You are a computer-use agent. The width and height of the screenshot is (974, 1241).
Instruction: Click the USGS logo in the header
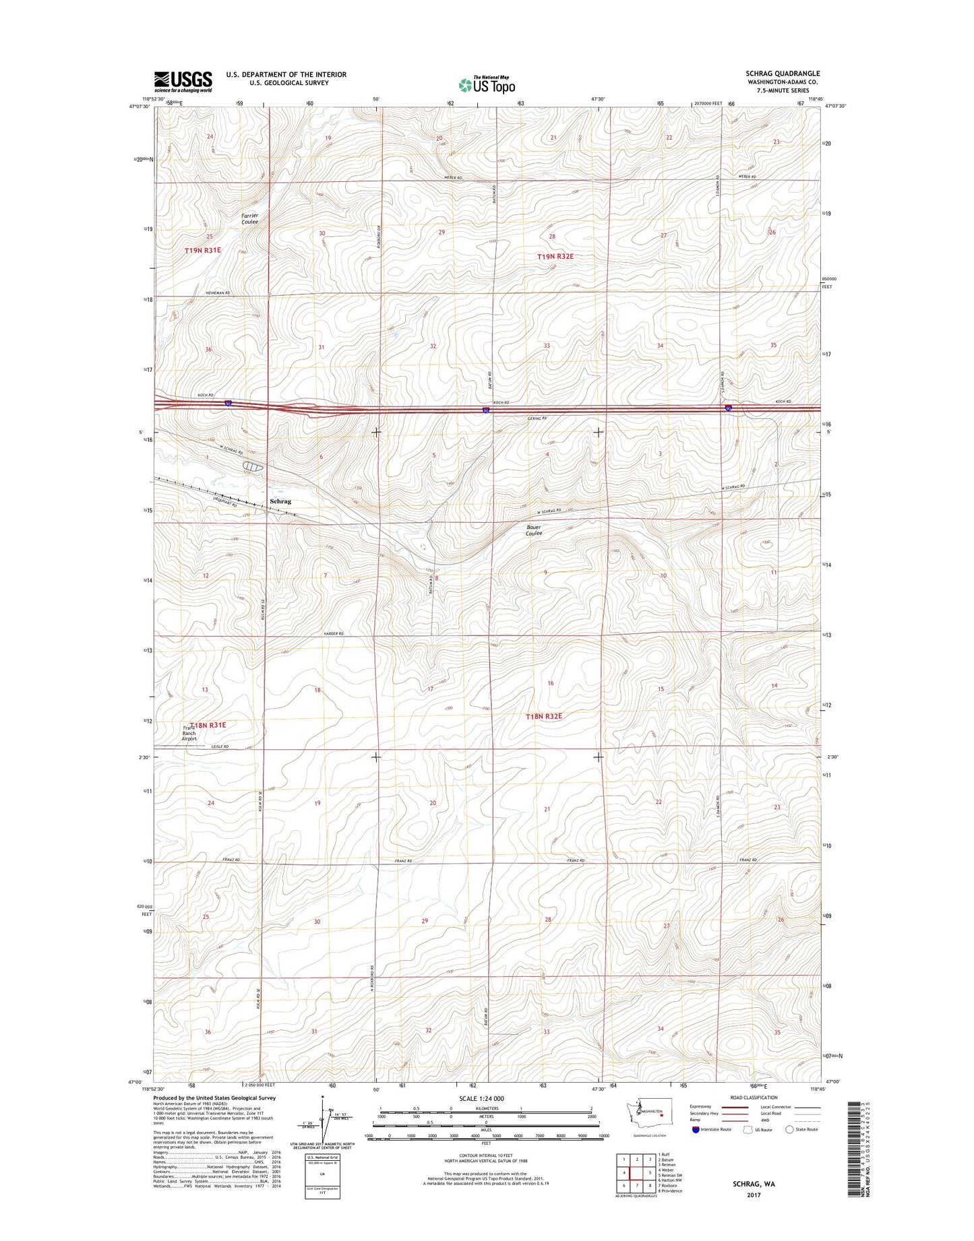pos(183,82)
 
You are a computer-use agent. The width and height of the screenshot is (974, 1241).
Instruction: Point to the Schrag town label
pos(280,502)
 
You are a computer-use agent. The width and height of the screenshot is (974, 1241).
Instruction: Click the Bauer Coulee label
pos(534,530)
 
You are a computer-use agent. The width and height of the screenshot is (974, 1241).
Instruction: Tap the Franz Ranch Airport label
pos(189,733)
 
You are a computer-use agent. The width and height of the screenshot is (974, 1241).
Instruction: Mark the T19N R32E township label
pos(559,257)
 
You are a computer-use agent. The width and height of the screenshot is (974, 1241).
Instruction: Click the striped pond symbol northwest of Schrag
pos(253,466)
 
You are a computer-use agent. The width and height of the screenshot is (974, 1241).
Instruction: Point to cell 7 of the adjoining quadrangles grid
pos(637,1185)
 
